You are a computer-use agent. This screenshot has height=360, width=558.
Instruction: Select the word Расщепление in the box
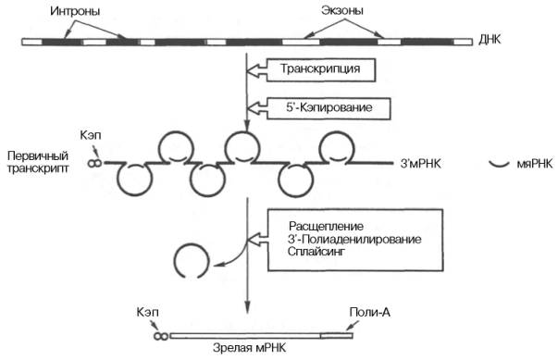click(322, 227)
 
